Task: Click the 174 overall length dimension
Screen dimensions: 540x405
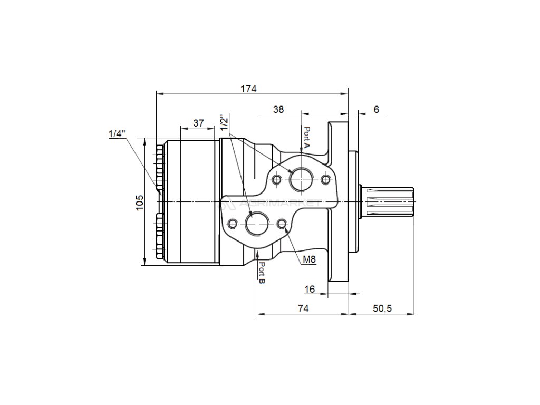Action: click(249, 89)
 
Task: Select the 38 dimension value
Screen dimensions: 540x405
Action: click(278, 109)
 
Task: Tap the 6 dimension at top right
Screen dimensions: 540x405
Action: click(376, 109)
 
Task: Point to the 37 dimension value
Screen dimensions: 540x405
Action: click(198, 123)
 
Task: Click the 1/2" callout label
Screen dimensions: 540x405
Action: click(226, 123)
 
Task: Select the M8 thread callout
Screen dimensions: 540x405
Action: click(310, 259)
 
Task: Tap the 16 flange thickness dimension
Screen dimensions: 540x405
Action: click(310, 289)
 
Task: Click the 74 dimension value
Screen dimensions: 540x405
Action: click(302, 308)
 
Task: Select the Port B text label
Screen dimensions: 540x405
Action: click(262, 274)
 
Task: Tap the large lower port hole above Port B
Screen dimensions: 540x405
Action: click(257, 224)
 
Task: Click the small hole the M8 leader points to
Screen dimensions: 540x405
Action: click(282, 224)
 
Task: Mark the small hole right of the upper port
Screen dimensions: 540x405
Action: click(326, 180)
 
